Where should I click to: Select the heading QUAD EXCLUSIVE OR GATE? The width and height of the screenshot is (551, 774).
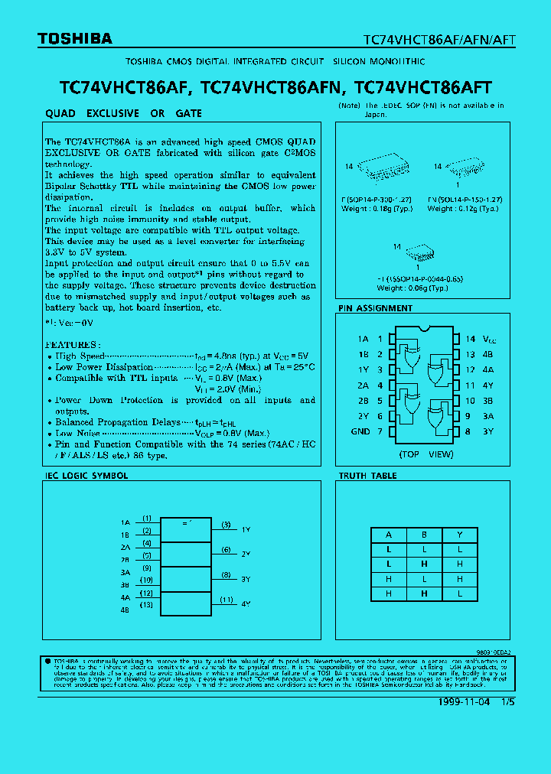click(x=124, y=113)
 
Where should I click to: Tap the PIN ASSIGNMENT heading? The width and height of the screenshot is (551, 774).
click(x=375, y=308)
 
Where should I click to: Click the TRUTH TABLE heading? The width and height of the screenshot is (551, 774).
click(x=368, y=476)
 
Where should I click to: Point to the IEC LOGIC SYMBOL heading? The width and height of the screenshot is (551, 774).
click(x=86, y=476)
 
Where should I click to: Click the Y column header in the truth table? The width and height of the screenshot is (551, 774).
click(x=459, y=535)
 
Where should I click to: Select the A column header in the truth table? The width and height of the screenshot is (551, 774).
click(x=389, y=535)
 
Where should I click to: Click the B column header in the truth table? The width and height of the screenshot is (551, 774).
click(x=423, y=535)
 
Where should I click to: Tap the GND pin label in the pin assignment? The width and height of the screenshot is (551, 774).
click(x=360, y=431)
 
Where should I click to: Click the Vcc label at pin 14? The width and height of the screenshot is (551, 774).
click(x=489, y=339)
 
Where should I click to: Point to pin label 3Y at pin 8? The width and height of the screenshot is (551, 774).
click(x=488, y=431)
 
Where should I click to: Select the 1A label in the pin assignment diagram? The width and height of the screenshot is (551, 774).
click(x=363, y=339)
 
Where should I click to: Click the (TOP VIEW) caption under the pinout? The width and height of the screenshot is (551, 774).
click(x=426, y=454)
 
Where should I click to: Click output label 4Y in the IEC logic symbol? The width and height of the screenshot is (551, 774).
click(x=246, y=604)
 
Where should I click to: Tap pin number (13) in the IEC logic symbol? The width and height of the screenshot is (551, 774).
click(x=147, y=604)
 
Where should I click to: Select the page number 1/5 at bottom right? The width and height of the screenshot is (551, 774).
click(x=507, y=701)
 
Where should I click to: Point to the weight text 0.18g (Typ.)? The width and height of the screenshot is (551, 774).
click(x=377, y=208)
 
